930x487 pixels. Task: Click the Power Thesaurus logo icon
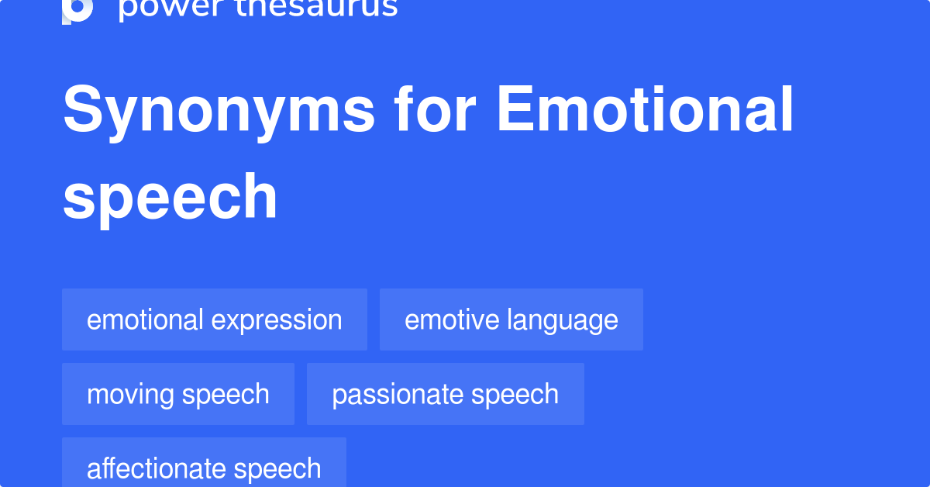77,11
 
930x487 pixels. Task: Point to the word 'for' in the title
435,109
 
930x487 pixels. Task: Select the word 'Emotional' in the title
645,109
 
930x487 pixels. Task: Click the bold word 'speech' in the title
170,199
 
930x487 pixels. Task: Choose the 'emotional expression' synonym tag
215,319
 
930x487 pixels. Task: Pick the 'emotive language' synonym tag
511,319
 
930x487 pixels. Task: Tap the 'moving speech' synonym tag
178,394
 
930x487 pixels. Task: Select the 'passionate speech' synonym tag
446,394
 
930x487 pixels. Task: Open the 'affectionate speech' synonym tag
205,462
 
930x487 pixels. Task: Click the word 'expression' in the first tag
277,322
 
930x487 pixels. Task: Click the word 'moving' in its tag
130,395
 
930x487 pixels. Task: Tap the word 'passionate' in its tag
398,395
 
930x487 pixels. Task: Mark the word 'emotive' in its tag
452,320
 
